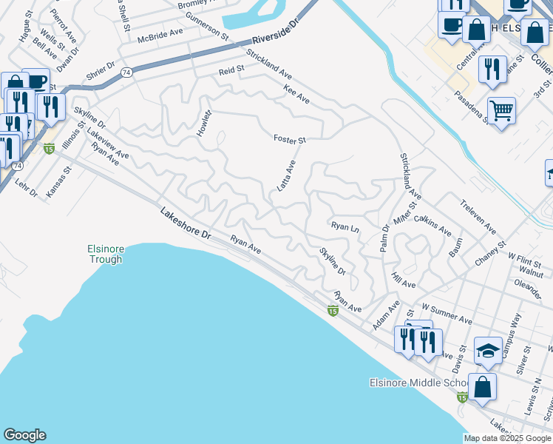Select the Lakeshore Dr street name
click(186, 223)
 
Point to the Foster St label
click(289, 138)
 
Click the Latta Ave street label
click(286, 176)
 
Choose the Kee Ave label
click(296, 93)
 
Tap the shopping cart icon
click(501, 111)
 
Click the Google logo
click(24, 435)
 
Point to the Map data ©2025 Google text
click(507, 438)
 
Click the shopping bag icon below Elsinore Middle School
click(482, 387)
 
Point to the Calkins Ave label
click(432, 224)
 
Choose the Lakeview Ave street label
click(108, 144)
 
